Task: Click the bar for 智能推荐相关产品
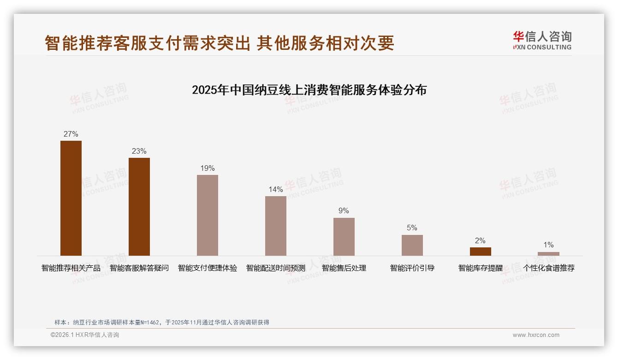(71, 198)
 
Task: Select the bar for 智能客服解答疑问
(139, 207)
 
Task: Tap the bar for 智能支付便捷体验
(208, 215)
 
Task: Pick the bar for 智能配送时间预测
(276, 226)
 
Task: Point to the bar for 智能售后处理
(344, 237)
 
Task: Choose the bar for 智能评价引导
(412, 245)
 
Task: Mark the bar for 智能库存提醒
(481, 252)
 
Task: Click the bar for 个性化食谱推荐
(548, 254)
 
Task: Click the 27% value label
(71, 134)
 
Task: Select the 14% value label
(276, 190)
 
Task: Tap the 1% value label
(548, 245)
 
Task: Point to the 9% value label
(344, 211)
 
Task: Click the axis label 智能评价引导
(412, 268)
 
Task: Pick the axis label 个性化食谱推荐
(549, 268)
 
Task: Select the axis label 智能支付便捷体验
(208, 268)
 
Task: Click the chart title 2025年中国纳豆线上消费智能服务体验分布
(309, 90)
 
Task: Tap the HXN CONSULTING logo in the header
(542, 41)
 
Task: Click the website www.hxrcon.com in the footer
(536, 335)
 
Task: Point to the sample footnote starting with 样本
(162, 323)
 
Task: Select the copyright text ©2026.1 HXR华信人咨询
(85, 335)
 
